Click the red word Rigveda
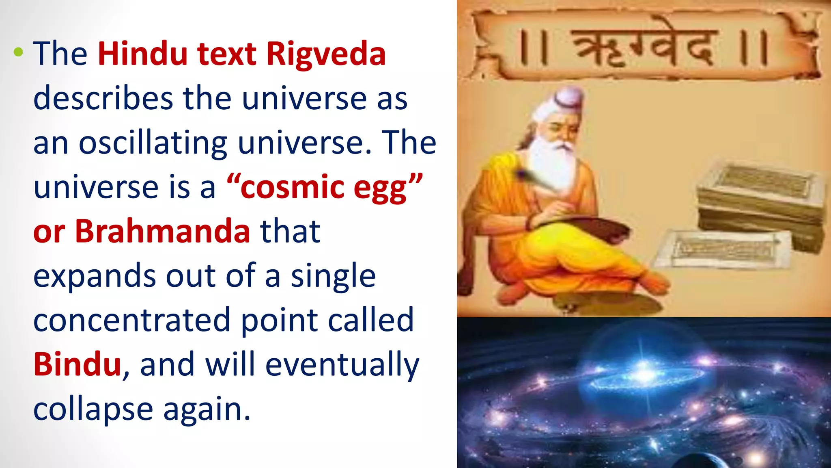[x=326, y=54]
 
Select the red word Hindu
[x=142, y=54]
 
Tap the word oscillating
[x=153, y=143]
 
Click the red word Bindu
[x=77, y=364]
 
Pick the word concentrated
[x=132, y=320]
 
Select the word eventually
[x=342, y=364]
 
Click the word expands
[x=94, y=276]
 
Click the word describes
[x=103, y=98]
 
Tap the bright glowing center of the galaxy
[x=643, y=370]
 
